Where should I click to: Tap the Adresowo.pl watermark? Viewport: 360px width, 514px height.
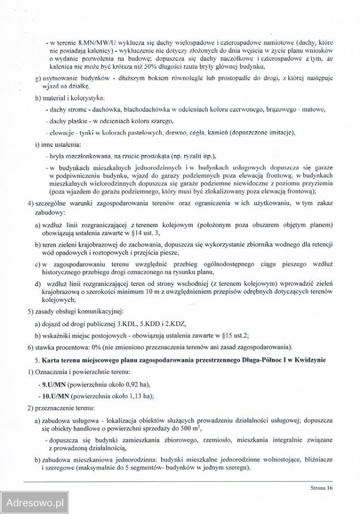pos(33,502)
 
